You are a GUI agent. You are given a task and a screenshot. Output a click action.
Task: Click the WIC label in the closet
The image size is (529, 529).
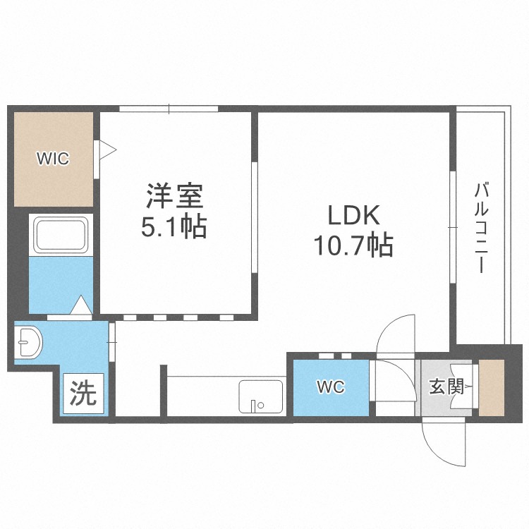click(x=53, y=159)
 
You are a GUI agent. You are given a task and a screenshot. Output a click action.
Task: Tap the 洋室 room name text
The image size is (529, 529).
click(x=174, y=195)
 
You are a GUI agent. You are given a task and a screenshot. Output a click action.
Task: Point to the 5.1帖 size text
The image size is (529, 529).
click(x=174, y=226)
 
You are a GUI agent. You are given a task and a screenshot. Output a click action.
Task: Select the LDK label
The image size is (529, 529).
click(x=354, y=215)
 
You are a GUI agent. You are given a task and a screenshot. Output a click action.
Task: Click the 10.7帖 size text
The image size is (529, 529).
click(x=353, y=245)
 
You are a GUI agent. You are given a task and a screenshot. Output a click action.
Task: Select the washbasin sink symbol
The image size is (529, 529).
click(x=30, y=342)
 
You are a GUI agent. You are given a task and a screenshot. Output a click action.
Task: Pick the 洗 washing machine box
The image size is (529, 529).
click(x=83, y=393)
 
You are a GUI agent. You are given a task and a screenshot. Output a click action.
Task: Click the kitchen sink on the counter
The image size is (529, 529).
click(x=261, y=396)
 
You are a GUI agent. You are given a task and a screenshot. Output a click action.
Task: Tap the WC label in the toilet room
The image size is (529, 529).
click(x=331, y=387)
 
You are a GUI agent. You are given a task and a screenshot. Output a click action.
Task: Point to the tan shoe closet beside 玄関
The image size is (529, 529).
click(x=492, y=388)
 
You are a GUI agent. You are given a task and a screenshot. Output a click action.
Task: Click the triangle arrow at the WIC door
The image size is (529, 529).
click(x=108, y=150)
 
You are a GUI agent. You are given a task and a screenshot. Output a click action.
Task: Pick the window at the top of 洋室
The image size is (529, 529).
click(x=169, y=109)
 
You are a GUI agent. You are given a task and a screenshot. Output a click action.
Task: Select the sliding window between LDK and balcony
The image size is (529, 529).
click(x=453, y=227)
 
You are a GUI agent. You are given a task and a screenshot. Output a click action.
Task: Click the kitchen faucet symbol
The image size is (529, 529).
click(x=254, y=406)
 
